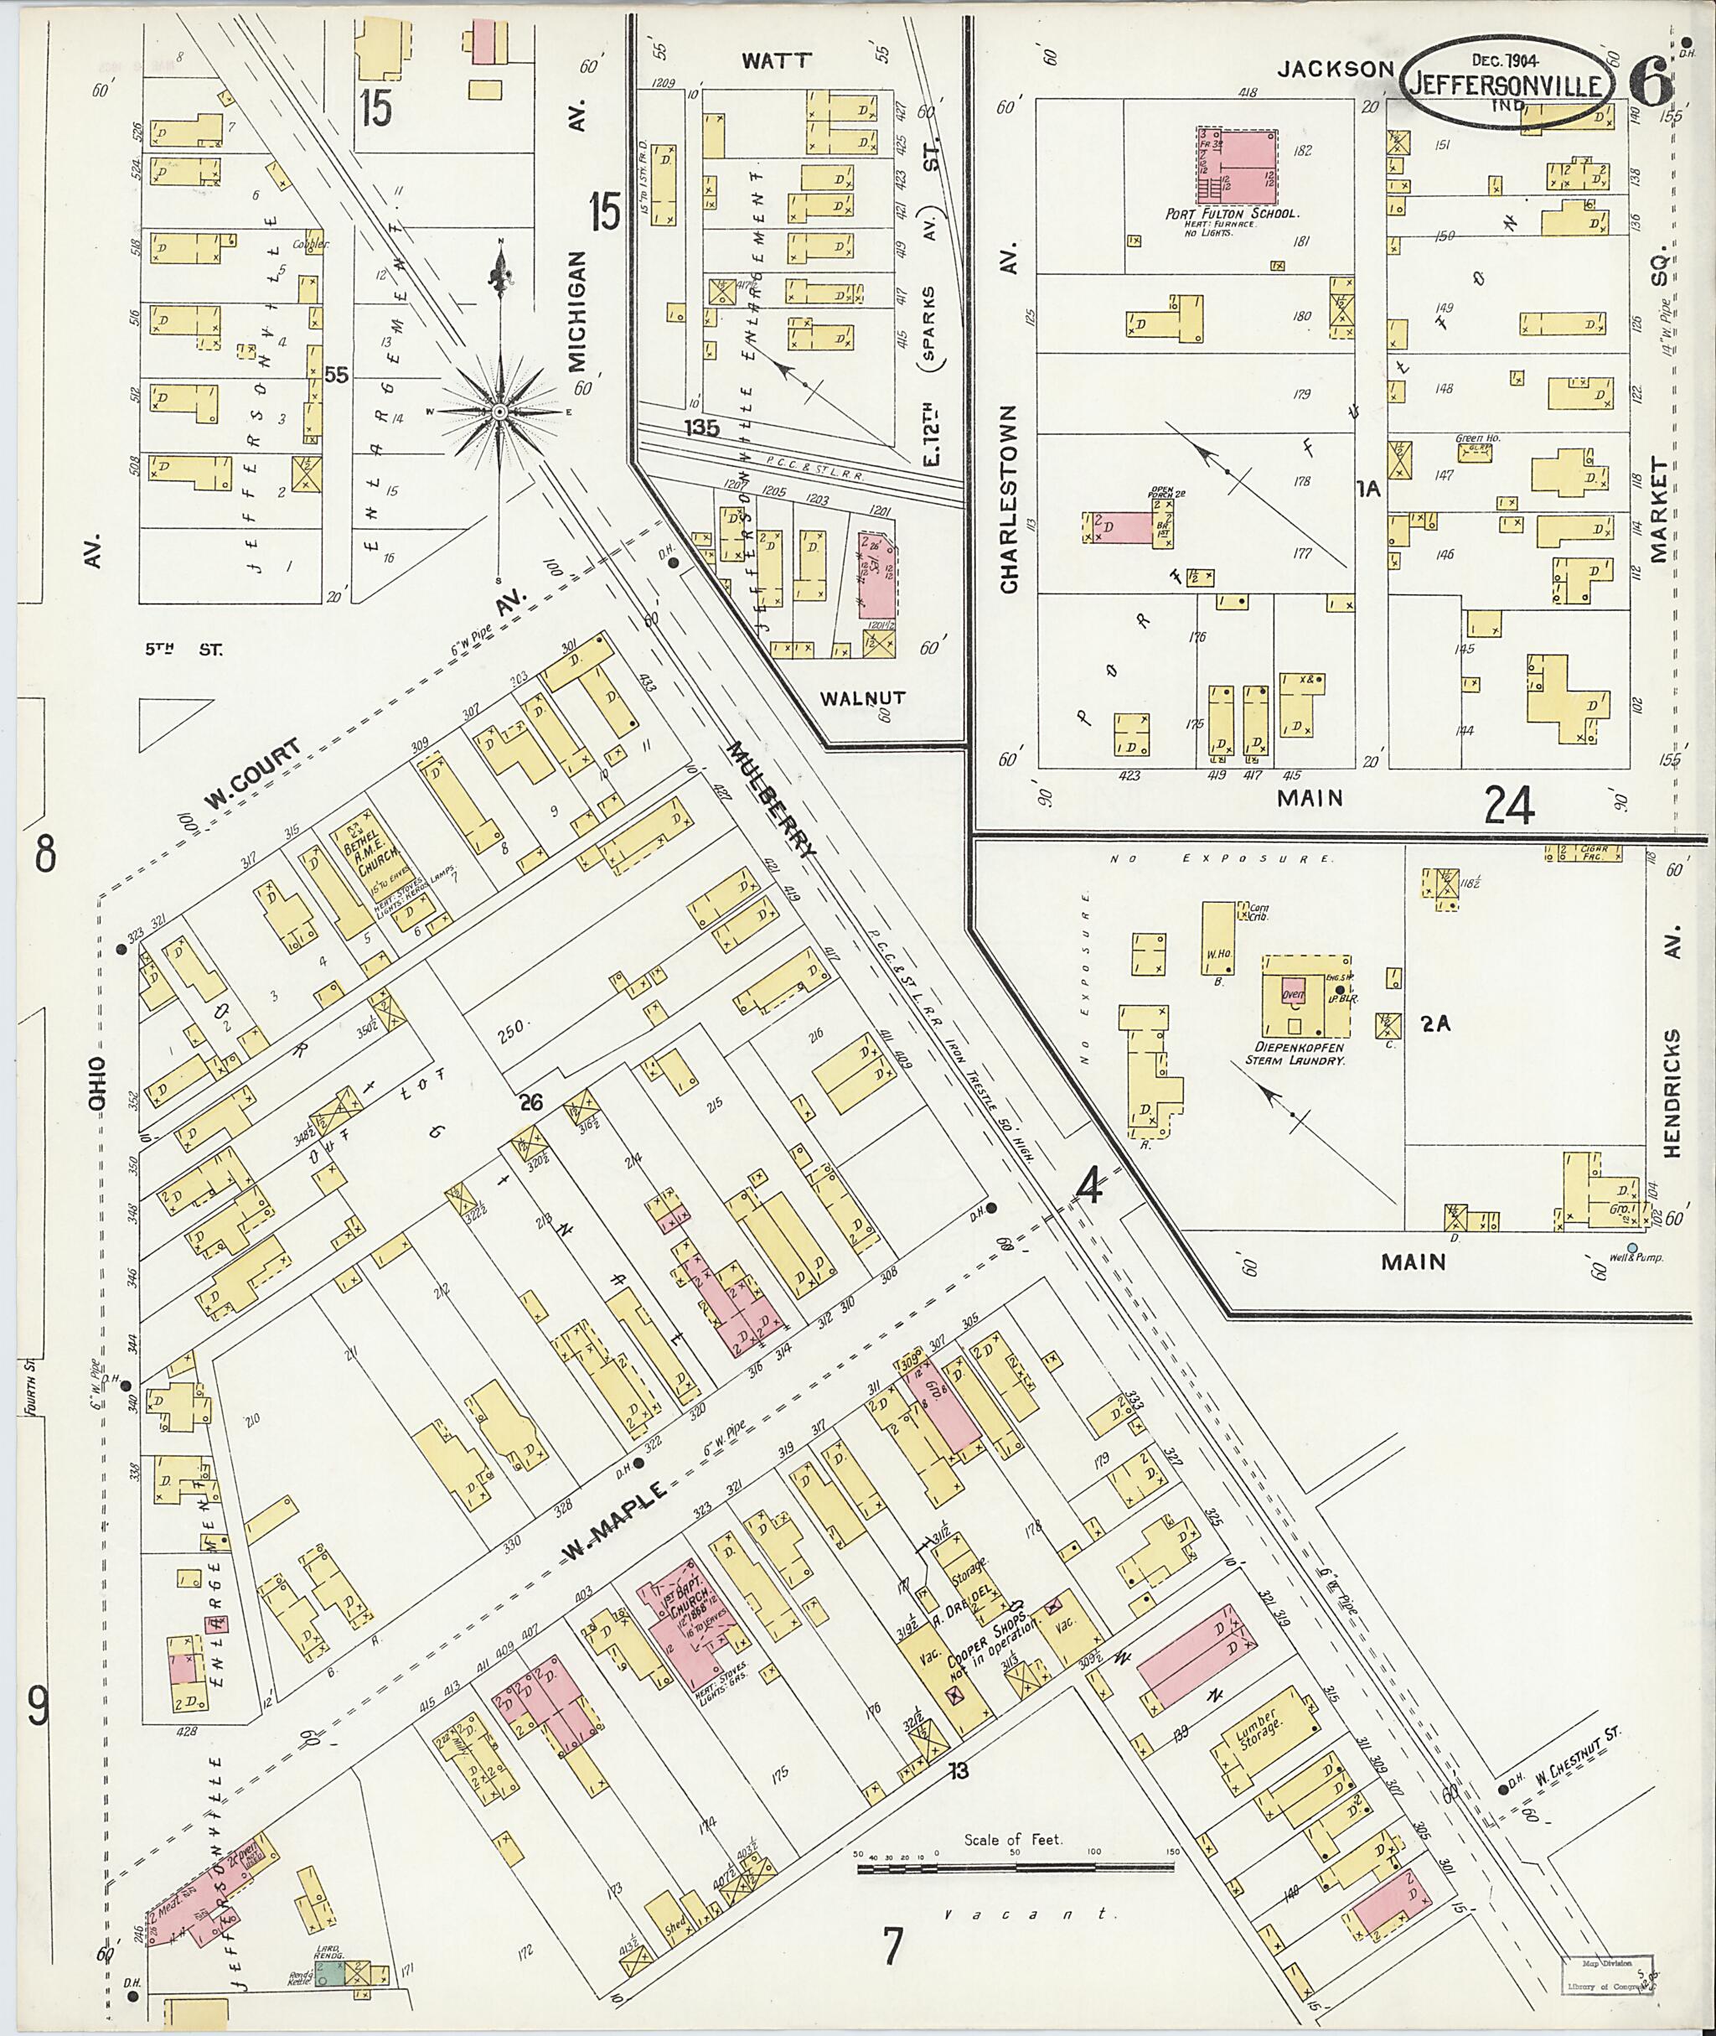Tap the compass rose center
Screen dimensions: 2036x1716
point(499,412)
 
